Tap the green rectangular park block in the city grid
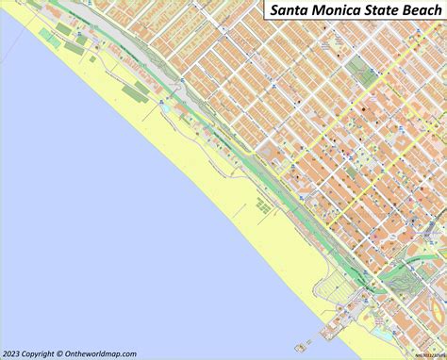(358, 74)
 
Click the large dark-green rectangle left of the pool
(141, 90)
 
